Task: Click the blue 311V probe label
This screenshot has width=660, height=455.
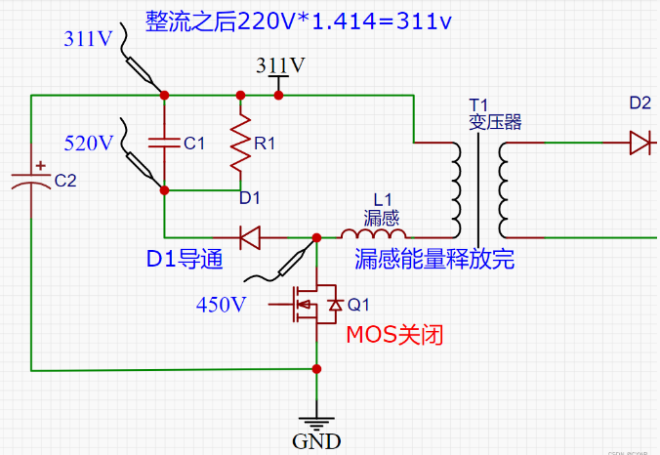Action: [x=88, y=40]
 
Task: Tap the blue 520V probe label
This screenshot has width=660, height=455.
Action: [x=89, y=143]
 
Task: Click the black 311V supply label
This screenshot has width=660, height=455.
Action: [x=280, y=65]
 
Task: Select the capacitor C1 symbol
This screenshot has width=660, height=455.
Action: [x=164, y=143]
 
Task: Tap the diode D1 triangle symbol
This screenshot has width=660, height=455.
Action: [x=249, y=236]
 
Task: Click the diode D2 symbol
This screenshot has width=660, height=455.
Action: [x=640, y=143]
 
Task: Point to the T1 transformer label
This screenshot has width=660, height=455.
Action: [x=476, y=103]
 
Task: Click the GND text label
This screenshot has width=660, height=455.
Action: [x=316, y=441]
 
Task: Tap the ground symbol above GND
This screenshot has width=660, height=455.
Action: [x=316, y=419]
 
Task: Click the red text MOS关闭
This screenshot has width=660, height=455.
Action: [x=395, y=335]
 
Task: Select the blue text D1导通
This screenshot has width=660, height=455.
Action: [x=186, y=260]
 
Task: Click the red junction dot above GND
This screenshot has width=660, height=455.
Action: [x=316, y=369]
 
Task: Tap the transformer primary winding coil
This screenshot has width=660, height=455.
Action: [x=457, y=189]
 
